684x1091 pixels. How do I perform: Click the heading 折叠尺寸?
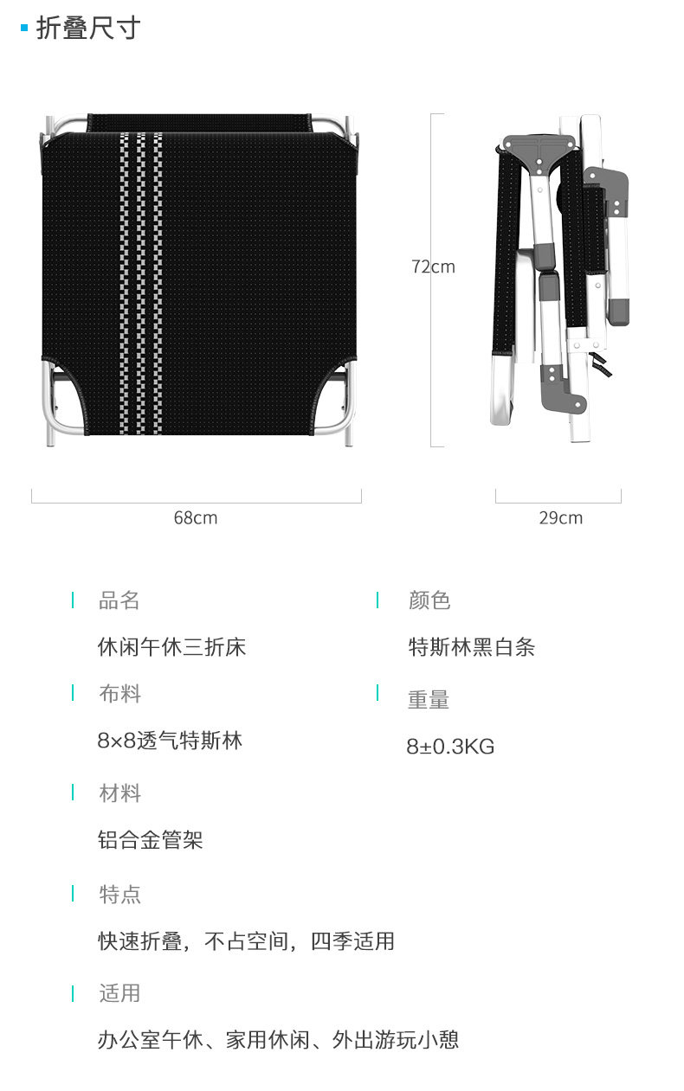(87, 29)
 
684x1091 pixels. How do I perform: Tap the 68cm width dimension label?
(196, 518)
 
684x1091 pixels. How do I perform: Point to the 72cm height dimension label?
(433, 266)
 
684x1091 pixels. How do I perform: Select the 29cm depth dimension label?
(560, 518)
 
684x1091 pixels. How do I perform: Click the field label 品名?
(119, 600)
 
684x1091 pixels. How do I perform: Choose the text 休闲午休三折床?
(171, 647)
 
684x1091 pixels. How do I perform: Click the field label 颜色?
(429, 600)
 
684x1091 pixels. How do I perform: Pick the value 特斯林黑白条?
(472, 647)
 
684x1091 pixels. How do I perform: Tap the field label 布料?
(119, 694)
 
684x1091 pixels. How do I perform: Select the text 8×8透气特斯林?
(170, 741)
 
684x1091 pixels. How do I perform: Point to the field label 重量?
(429, 700)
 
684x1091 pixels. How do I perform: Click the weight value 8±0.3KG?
(450, 747)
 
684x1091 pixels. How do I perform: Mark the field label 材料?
(119, 793)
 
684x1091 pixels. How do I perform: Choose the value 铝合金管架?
(151, 840)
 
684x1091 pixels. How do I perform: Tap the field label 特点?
(119, 894)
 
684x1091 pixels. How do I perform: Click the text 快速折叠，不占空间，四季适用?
(246, 940)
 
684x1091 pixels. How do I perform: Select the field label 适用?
(119, 993)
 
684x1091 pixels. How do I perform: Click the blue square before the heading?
(24, 29)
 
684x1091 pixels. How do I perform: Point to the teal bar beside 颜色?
(377, 600)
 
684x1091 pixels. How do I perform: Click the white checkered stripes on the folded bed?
(140, 286)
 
